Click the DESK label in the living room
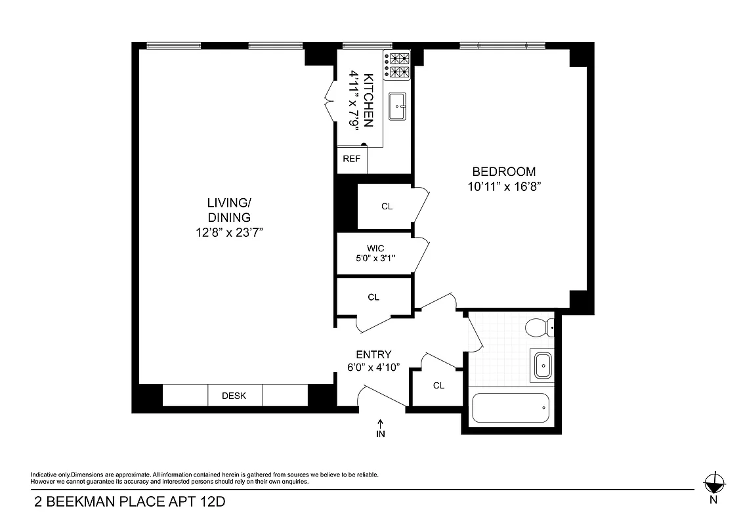(234, 396)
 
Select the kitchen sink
(398, 106)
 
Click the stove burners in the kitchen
(397, 66)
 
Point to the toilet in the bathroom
(542, 327)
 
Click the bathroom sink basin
(542, 365)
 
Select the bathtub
(511, 408)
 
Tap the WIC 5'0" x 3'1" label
(375, 253)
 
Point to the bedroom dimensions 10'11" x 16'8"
(504, 186)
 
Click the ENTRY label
(373, 354)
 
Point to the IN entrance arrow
(381, 429)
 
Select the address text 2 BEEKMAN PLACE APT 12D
(123, 503)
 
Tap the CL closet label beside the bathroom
(438, 385)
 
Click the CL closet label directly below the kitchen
(387, 206)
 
